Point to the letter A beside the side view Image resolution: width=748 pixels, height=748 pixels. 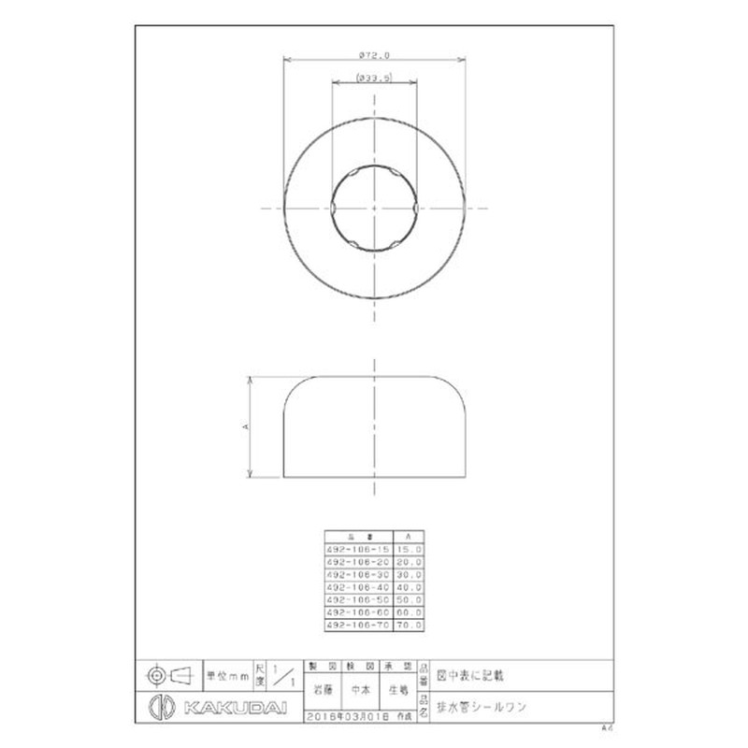245,425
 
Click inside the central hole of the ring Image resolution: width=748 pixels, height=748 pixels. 374,207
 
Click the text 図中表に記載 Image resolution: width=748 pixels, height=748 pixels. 470,672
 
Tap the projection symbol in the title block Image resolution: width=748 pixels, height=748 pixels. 168,673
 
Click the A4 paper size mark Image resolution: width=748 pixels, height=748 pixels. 606,726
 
